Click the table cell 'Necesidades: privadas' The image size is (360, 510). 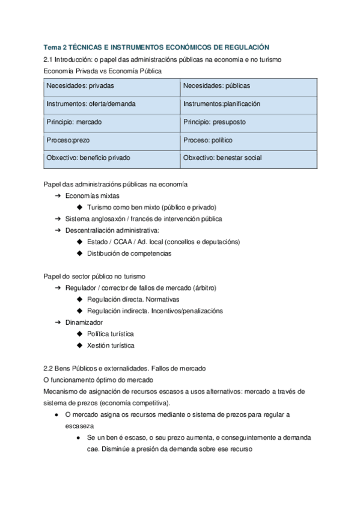coord(112,86)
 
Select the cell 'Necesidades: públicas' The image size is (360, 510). coord(248,86)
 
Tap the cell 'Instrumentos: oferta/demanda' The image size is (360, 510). coord(112,104)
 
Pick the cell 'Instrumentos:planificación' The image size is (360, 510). coord(248,104)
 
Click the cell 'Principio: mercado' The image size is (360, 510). coord(112,122)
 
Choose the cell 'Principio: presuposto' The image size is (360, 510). coord(248,122)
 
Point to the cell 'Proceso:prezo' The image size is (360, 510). coord(112,140)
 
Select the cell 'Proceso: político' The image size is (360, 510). coord(248,140)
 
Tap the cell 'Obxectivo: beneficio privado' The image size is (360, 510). coord(112,158)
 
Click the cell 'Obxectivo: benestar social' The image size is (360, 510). coord(248,158)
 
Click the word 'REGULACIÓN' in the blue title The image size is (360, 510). coord(246,47)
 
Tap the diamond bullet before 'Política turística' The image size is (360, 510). coord(79,334)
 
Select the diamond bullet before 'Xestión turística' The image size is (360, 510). coord(79,345)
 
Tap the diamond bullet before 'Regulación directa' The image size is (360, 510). coord(79,300)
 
